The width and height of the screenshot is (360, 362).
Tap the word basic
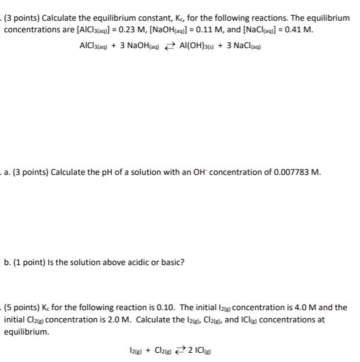(171, 263)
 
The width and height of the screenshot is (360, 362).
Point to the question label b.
(7, 263)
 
